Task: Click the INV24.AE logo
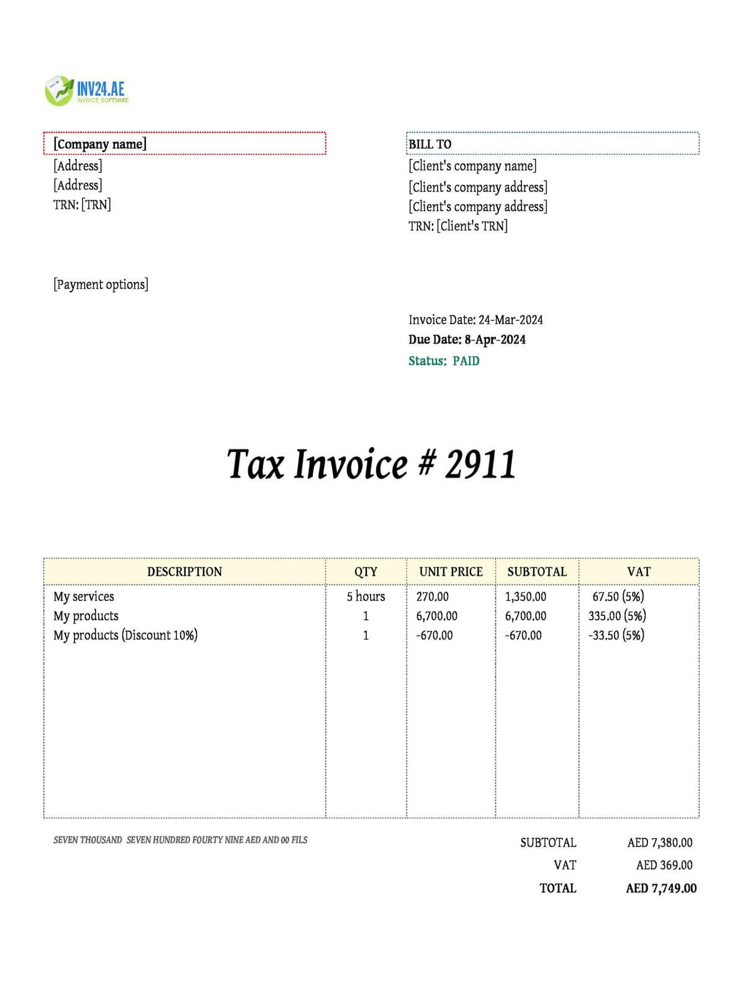[x=87, y=91]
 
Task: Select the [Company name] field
[x=100, y=144]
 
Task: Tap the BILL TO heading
[x=430, y=144]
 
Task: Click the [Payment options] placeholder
[x=101, y=284]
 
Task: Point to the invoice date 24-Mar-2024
[x=510, y=320]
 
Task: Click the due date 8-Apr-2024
[x=495, y=340]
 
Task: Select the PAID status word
[x=466, y=361]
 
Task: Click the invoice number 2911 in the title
[x=480, y=464]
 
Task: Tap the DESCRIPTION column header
[x=184, y=572]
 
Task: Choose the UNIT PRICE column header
[x=451, y=572]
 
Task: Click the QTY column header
[x=366, y=572]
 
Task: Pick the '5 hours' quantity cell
[x=366, y=597]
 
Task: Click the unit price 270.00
[x=432, y=597]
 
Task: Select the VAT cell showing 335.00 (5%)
[x=617, y=616]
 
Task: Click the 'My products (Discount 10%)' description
[x=125, y=635]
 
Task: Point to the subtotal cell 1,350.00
[x=525, y=597]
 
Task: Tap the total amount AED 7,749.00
[x=660, y=888]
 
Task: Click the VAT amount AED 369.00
[x=664, y=865]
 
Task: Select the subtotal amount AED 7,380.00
[x=659, y=843]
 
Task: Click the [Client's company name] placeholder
[x=472, y=166]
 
